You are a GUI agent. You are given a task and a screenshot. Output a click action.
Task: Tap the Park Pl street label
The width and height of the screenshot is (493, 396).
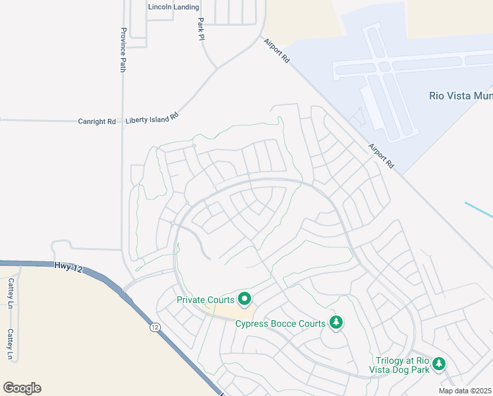[x=201, y=28]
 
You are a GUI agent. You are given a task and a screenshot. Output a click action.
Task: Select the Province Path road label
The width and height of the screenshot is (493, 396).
[x=123, y=49]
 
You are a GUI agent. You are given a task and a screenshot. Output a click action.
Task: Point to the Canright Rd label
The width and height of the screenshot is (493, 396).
[x=96, y=121]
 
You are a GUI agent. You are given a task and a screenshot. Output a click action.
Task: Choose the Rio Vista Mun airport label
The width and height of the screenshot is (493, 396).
[x=460, y=95]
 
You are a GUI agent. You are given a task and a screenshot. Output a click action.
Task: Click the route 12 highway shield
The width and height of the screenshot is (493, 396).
[x=154, y=327]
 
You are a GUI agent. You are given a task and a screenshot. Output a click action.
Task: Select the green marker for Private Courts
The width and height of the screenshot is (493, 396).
[x=245, y=300]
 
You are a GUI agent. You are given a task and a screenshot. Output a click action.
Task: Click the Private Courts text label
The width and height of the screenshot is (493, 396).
[x=206, y=300]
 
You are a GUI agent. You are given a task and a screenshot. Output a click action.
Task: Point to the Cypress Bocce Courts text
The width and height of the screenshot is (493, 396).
[x=281, y=323]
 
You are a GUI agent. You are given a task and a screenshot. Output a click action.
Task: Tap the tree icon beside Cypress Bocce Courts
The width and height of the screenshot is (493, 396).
[x=336, y=322]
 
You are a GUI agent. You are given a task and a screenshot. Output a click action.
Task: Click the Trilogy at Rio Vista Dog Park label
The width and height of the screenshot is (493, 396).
[x=402, y=365]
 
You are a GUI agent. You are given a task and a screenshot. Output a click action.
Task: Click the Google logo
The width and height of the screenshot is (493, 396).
[x=22, y=388]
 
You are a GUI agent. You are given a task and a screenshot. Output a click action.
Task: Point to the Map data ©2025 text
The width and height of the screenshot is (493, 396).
[x=465, y=391]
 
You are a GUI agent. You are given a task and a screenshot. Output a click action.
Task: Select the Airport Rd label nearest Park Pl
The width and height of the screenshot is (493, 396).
[x=277, y=49]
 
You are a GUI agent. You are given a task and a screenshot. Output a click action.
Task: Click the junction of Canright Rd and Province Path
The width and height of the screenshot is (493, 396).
[x=123, y=121]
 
